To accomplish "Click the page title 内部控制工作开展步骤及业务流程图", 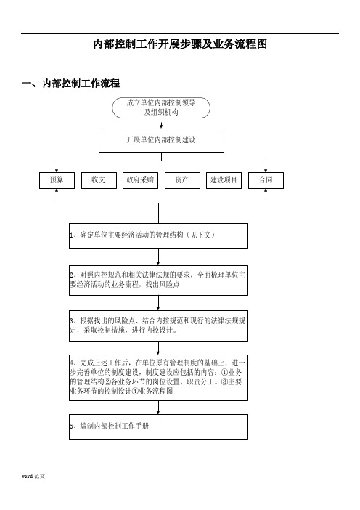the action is point(180,44).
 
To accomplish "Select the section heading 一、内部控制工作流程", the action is point(70,84).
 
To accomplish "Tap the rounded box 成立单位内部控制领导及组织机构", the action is point(161,108).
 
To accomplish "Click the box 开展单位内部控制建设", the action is point(161,140).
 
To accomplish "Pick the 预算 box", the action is point(57,180).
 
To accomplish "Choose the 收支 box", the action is point(99,180).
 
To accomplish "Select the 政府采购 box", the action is point(140,180).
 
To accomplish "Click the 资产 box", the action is point(182,180).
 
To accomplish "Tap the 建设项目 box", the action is point(224,180).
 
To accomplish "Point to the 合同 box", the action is point(266,180).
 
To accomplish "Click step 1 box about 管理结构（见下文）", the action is point(158,236).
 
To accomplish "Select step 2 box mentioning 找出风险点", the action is point(158,280).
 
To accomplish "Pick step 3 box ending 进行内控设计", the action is point(158,326).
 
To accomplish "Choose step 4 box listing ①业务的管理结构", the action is point(158,378).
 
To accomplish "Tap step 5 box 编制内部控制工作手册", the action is point(158,426).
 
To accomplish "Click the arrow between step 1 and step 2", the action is point(158,257).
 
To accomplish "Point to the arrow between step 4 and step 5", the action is point(158,408).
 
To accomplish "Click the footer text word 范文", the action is point(33,476).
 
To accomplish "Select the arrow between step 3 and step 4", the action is point(158,348).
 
